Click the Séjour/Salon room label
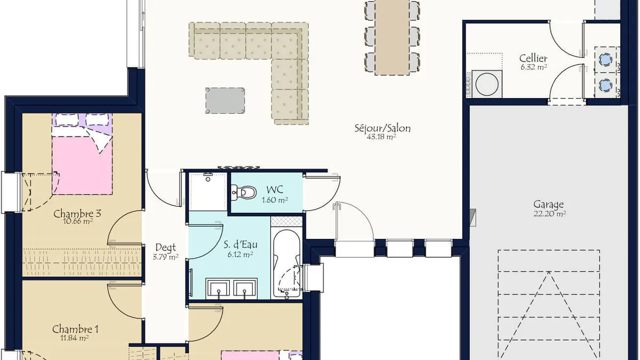click(x=382, y=128)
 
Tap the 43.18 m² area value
click(x=381, y=137)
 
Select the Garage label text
click(x=549, y=205)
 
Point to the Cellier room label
click(x=533, y=58)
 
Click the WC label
click(x=275, y=189)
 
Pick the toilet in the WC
click(x=243, y=192)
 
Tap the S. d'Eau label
click(x=241, y=244)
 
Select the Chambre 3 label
click(x=77, y=213)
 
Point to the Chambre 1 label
click(x=75, y=329)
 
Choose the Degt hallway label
click(x=165, y=247)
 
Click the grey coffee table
click(x=225, y=100)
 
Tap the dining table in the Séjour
click(x=392, y=37)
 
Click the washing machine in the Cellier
click(x=487, y=84)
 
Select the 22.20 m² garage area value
click(x=550, y=213)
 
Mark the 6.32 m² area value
click(x=534, y=67)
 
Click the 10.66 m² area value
click(x=77, y=221)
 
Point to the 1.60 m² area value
click(x=275, y=199)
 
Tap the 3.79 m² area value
click(x=166, y=257)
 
